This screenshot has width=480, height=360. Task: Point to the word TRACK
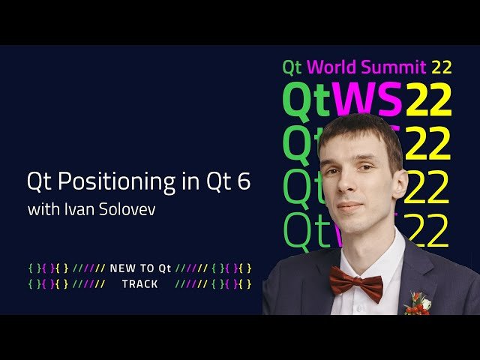(139, 284)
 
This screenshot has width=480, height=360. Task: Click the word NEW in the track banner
(122, 268)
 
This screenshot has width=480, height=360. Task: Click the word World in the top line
(332, 67)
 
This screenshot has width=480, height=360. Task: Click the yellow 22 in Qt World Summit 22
(442, 67)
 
